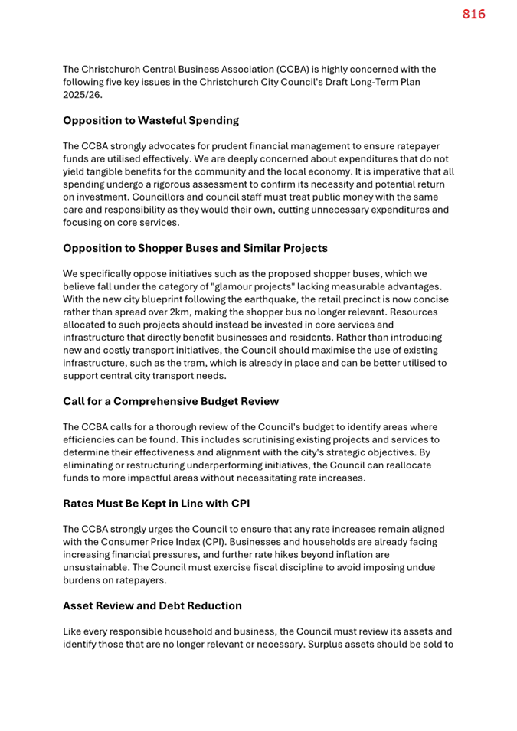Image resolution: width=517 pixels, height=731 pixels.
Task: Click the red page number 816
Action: tap(473, 15)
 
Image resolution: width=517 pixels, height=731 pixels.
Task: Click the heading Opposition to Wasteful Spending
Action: tap(151, 121)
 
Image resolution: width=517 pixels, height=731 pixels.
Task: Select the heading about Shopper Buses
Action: tap(195, 249)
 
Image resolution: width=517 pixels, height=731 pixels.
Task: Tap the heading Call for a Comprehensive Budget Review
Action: tap(171, 402)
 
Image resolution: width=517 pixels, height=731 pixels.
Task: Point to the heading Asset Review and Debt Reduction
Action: tap(152, 606)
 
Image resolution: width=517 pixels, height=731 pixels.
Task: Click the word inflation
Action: tap(351, 555)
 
